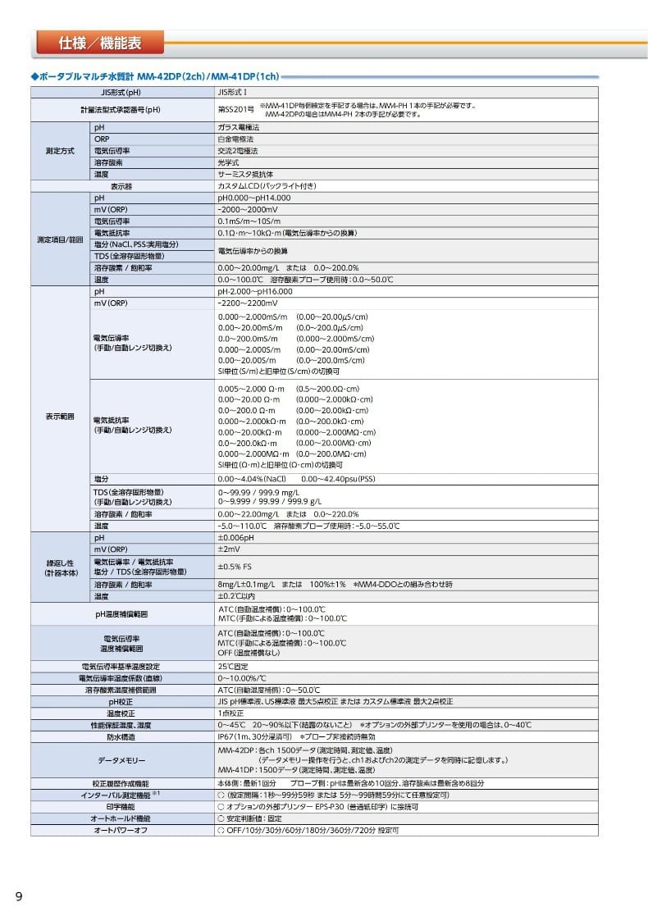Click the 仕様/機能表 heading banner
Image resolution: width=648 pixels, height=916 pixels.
99,42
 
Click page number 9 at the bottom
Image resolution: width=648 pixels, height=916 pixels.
19,895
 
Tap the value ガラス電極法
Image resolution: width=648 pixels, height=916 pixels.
239,129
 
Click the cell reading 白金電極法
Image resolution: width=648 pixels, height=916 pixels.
235,140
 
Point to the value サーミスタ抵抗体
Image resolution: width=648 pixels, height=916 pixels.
245,175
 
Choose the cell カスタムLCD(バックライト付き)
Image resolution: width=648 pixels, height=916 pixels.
267,186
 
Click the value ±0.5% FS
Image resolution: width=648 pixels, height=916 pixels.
234,567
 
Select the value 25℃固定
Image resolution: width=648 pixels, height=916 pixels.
233,667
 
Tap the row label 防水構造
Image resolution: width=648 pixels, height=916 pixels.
122,736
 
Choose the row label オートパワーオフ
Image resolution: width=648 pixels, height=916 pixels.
122,830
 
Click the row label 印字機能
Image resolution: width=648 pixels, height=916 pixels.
122,807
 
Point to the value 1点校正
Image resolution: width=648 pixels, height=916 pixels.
231,713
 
